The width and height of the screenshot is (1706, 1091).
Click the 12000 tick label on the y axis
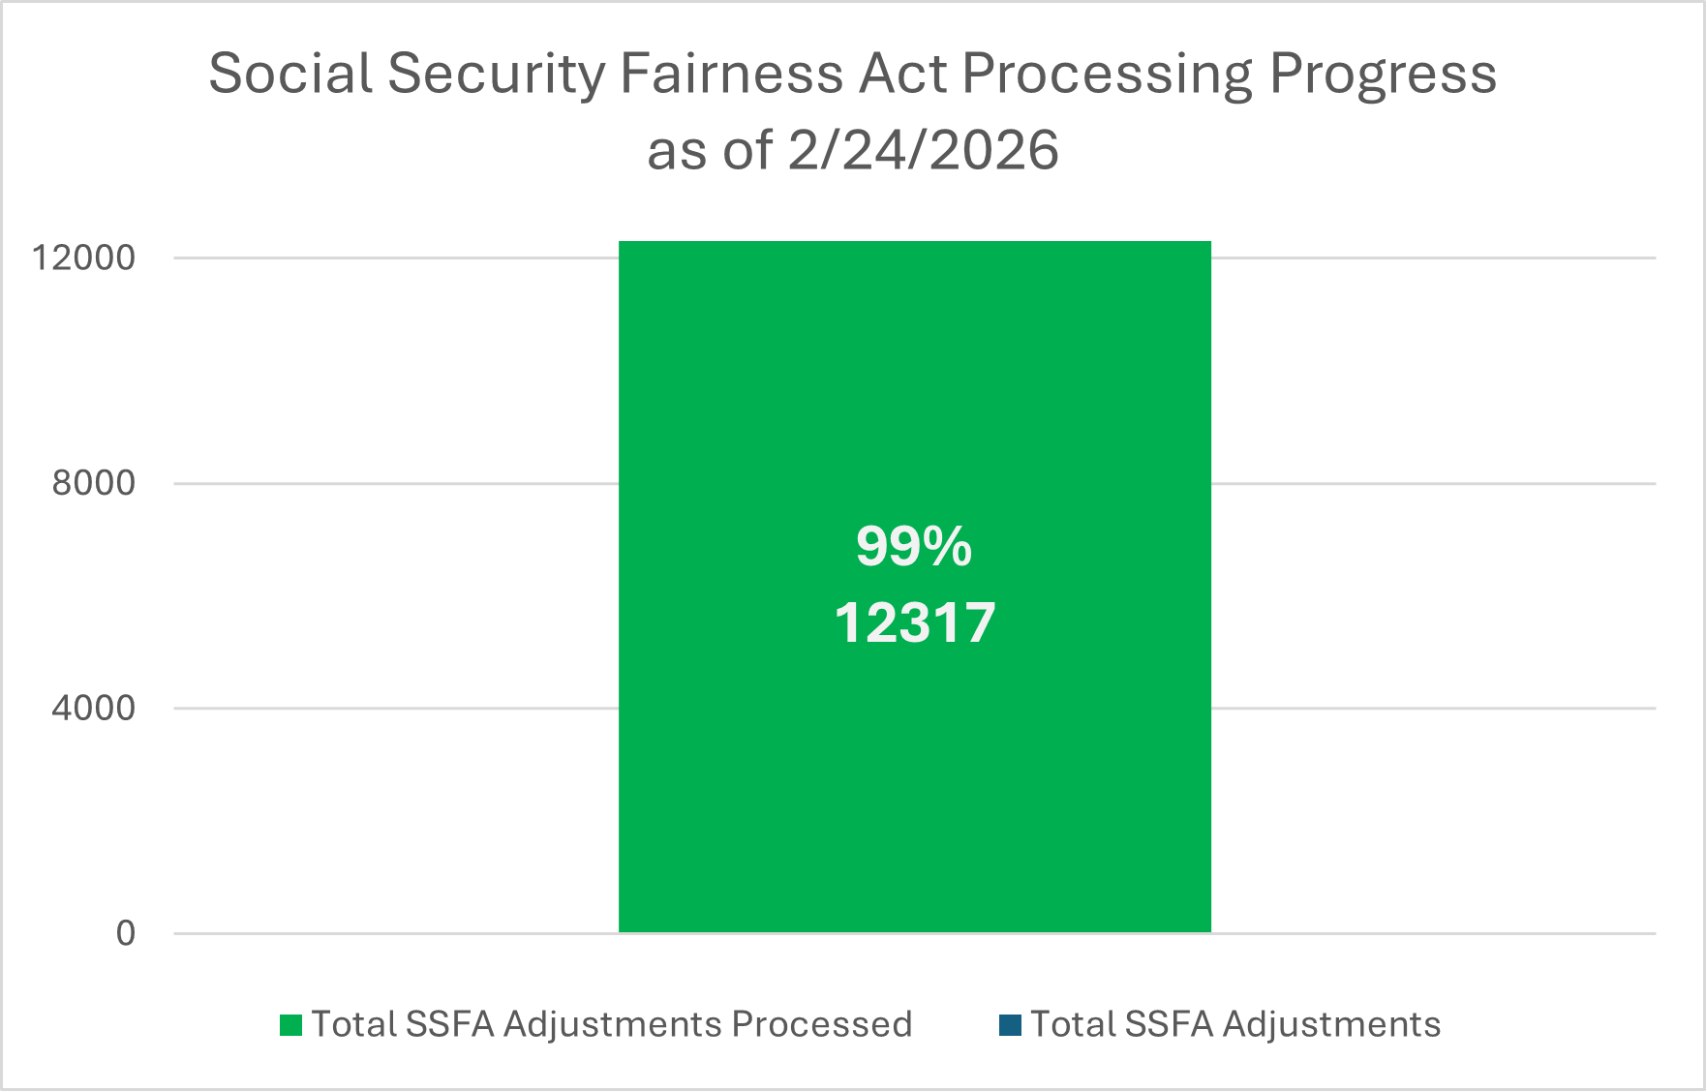pyautogui.click(x=83, y=258)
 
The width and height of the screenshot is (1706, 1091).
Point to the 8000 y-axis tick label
pyautogui.click(x=93, y=483)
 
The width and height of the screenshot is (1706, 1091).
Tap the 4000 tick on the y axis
pyautogui.click(x=93, y=708)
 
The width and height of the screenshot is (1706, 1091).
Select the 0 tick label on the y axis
pyautogui.click(x=126, y=933)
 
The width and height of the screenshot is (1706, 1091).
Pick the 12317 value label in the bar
pyautogui.click(x=915, y=622)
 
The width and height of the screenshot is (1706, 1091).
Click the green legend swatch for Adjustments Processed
pyautogui.click(x=290, y=1025)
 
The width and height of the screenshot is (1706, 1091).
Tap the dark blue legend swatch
pyautogui.click(x=1010, y=1025)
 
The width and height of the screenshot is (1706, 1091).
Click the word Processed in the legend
pyautogui.click(x=821, y=1024)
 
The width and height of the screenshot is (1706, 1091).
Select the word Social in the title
pyautogui.click(x=290, y=74)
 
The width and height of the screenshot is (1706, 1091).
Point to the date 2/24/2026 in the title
pyautogui.click(x=923, y=151)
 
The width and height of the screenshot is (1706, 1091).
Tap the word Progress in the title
pyautogui.click(x=1383, y=74)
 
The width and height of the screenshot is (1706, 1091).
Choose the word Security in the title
pyautogui.click(x=497, y=74)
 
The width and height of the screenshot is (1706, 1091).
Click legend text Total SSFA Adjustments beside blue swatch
pyautogui.click(x=1235, y=1024)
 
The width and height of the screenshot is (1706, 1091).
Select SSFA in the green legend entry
pyautogui.click(x=450, y=1024)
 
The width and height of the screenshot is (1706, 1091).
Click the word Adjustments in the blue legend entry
pyautogui.click(x=1331, y=1024)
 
